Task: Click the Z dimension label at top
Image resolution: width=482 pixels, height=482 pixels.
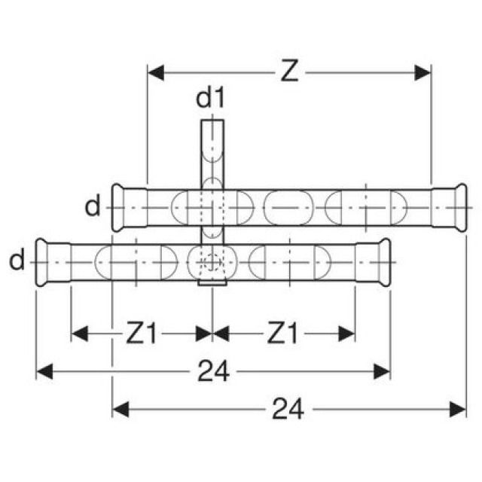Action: (x=289, y=72)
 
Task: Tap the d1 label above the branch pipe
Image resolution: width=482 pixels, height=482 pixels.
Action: (x=211, y=98)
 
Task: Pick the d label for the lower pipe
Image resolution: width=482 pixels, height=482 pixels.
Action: (x=17, y=260)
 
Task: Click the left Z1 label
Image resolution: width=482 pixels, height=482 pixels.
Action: (x=142, y=333)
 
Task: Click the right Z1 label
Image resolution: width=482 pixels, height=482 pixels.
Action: (x=282, y=333)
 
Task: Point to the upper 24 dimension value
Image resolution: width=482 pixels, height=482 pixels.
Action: (x=213, y=371)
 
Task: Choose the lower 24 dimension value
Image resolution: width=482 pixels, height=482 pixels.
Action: (x=288, y=409)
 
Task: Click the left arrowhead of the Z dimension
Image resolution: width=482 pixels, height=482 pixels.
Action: (x=156, y=73)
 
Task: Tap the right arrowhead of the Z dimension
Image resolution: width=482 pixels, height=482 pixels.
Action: (x=423, y=73)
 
